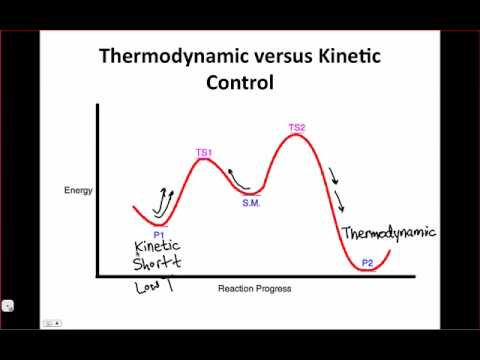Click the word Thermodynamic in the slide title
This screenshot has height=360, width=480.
[x=164, y=56]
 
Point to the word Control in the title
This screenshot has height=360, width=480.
[x=240, y=82]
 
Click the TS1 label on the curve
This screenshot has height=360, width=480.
[x=204, y=152]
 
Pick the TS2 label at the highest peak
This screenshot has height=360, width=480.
[x=297, y=127]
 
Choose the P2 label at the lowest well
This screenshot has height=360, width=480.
[x=367, y=262]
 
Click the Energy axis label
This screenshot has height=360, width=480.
[x=77, y=188]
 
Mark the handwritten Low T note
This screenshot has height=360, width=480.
[x=156, y=289]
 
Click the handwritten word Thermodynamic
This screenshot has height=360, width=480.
[x=388, y=234]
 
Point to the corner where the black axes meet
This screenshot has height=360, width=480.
[x=97, y=275]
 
